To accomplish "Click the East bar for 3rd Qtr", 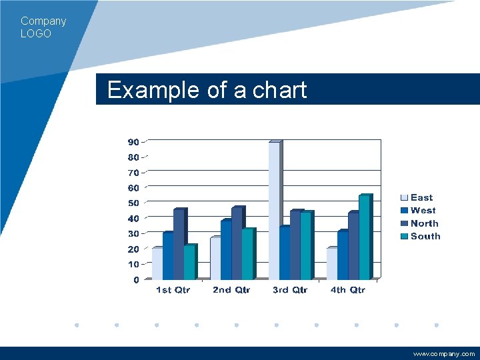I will pos(274,210).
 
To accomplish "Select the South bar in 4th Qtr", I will pos(364,237).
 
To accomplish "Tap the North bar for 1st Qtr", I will pos(179,245).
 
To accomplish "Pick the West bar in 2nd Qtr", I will pos(226,250).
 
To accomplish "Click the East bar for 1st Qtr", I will pos(157,263).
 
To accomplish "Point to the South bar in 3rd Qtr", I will pos(305,246).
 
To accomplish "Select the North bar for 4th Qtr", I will pos(353,246).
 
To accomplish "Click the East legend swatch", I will pos(404,198).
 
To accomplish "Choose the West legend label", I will pos(423,211).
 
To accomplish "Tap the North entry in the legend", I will pos(424,223).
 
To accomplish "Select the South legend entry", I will pos(425,236).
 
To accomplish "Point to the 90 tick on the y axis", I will pos(133,142).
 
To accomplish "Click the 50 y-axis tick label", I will pos(133,203).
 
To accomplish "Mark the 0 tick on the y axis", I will pos(136,280).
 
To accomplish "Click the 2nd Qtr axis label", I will pos(231,290).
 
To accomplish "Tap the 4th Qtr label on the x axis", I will pos(348,290).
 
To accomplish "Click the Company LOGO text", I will pos(43,27).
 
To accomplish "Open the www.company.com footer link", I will pos(444,354).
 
